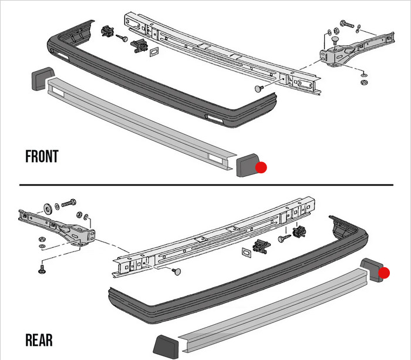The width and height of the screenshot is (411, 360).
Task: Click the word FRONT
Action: (42, 157)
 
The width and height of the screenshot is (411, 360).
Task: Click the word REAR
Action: (39, 341)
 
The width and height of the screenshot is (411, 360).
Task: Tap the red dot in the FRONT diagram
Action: (261, 167)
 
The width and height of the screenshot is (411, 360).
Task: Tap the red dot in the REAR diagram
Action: (384, 272)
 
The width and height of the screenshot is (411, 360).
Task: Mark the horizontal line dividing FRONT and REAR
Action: (206, 185)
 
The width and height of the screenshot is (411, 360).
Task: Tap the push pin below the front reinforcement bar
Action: (259, 88)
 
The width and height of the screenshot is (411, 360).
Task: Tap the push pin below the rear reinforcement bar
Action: (177, 271)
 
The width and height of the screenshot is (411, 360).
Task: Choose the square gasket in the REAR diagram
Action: (245, 252)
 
